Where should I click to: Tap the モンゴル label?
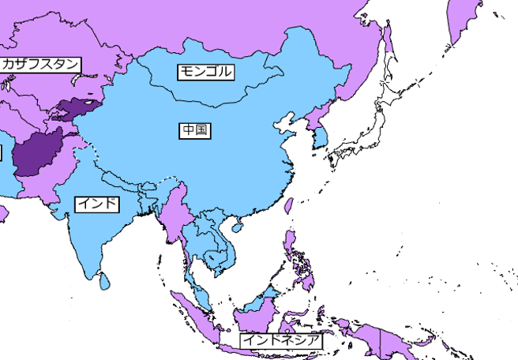pyautogui.click(x=206, y=71)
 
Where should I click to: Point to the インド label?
pyautogui.click(x=98, y=204)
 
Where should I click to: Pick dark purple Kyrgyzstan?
pyautogui.click(x=79, y=107)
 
